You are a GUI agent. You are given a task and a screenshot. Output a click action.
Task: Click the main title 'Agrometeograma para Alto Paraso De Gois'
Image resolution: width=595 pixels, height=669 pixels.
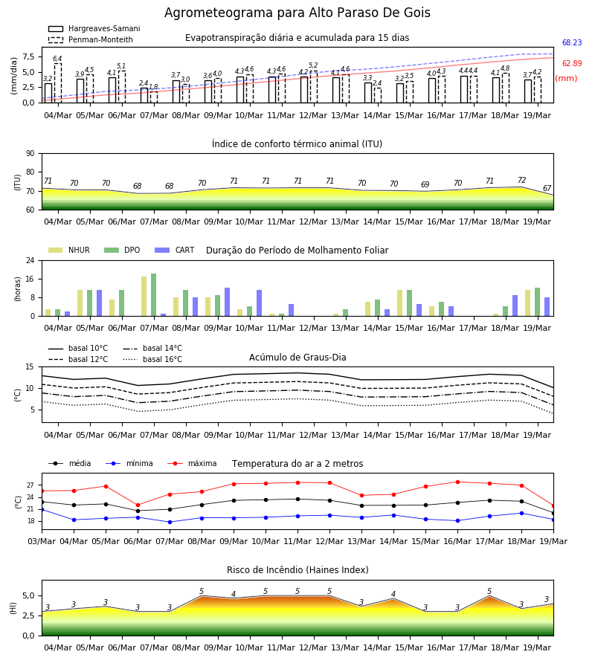(x=297, y=13)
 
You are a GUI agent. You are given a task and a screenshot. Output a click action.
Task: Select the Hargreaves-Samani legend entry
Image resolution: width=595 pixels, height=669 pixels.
(x=94, y=28)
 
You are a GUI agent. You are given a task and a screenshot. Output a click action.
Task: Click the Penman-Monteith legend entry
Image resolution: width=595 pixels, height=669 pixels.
(x=91, y=39)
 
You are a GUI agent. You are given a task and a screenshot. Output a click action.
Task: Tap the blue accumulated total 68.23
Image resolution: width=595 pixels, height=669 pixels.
(x=572, y=42)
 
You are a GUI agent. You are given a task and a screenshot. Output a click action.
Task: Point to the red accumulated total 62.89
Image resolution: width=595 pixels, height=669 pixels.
(x=572, y=64)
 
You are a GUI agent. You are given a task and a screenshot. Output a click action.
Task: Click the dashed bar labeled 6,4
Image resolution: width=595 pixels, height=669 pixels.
(x=57, y=83)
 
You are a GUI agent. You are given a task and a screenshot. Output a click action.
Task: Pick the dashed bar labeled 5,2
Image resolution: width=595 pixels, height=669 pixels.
(x=314, y=87)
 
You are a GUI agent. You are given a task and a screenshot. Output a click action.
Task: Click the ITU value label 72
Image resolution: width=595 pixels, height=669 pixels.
(x=521, y=180)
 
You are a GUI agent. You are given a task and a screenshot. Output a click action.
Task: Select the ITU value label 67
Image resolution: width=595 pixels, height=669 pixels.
(x=547, y=188)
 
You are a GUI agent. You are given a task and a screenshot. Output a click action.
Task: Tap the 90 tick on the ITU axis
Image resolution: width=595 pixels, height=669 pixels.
(x=30, y=154)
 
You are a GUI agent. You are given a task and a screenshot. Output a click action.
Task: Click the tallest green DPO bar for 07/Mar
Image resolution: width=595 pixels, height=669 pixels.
(x=154, y=295)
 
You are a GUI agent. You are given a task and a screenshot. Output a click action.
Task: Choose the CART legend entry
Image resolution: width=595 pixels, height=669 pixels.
(x=175, y=250)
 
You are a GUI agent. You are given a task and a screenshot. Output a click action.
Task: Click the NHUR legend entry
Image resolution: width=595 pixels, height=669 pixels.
(x=69, y=250)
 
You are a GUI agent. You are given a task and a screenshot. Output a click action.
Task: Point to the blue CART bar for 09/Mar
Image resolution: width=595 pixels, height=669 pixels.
(x=227, y=302)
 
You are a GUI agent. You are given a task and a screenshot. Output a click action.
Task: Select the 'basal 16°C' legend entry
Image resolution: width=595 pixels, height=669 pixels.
(x=152, y=359)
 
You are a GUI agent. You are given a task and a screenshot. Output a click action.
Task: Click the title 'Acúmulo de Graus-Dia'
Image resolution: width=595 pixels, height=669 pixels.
(x=297, y=358)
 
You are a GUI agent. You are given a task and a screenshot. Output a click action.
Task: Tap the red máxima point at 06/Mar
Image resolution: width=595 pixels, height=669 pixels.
(x=138, y=505)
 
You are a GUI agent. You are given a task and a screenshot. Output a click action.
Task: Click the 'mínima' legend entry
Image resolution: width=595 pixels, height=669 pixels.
(x=129, y=463)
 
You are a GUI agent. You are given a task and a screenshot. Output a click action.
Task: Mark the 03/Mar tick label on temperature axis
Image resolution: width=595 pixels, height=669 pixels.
(x=42, y=541)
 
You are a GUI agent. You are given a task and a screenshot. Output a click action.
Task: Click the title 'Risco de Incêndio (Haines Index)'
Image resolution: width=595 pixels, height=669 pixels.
(x=297, y=570)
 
